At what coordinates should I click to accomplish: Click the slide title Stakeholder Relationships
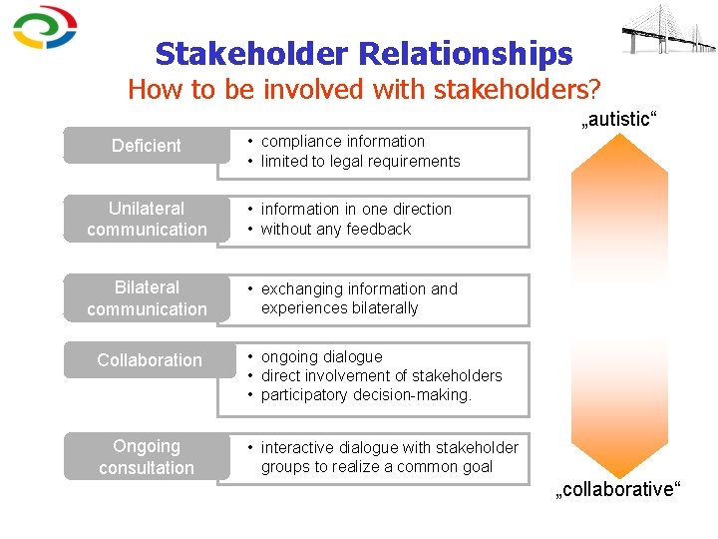click(x=364, y=53)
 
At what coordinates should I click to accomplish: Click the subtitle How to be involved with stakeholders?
click(x=364, y=90)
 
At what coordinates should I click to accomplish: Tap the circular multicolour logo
click(x=45, y=28)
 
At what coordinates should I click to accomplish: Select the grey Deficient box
click(x=146, y=146)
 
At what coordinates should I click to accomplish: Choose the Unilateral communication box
click(x=146, y=219)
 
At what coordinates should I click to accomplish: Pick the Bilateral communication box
click(x=146, y=298)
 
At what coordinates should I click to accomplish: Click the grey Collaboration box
click(x=149, y=360)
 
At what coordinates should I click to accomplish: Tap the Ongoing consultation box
click(x=146, y=457)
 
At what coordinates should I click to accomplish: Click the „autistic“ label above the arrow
click(x=618, y=119)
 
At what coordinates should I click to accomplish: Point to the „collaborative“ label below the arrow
click(x=618, y=489)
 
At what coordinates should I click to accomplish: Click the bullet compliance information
click(x=342, y=142)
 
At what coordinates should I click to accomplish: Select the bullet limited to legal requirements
click(x=360, y=162)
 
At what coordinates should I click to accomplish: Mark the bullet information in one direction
click(x=356, y=210)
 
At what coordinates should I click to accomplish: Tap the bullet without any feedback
click(x=336, y=230)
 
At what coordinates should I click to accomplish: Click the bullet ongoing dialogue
click(x=321, y=356)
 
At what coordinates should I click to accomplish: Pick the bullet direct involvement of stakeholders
click(x=381, y=376)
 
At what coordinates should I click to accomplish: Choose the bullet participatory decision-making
click(x=366, y=395)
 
